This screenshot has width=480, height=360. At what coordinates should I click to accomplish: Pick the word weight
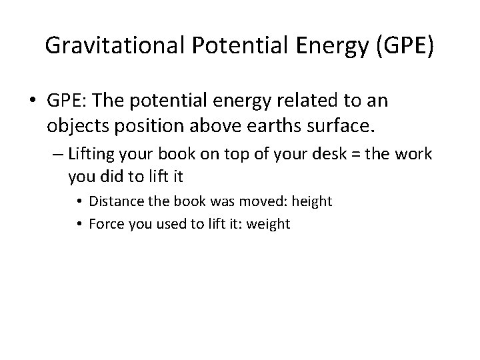(268, 224)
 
